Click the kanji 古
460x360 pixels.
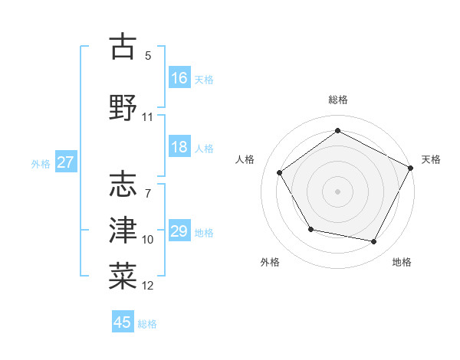pyautogui.click(x=123, y=47)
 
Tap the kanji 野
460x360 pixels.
pyautogui.click(x=123, y=106)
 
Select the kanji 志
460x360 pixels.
pyautogui.click(x=123, y=185)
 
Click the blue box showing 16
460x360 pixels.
pyautogui.click(x=179, y=78)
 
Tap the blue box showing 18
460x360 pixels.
pyautogui.click(x=179, y=148)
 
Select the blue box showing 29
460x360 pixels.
pyautogui.click(x=179, y=231)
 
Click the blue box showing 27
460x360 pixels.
pyautogui.click(x=65, y=162)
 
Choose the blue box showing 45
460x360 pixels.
pyautogui.click(x=123, y=322)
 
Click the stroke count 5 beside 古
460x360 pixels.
pyautogui.click(x=148, y=56)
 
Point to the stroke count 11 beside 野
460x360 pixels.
pyautogui.click(x=148, y=117)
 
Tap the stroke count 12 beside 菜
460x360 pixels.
pyautogui.click(x=148, y=286)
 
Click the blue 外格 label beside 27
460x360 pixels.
pyautogui.click(x=41, y=163)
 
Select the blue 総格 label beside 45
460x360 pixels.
pyautogui.click(x=147, y=323)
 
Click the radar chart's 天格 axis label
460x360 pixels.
pyautogui.click(x=431, y=159)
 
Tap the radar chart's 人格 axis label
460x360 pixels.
pyautogui.click(x=245, y=159)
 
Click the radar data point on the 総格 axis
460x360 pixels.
pyautogui.click(x=337, y=130)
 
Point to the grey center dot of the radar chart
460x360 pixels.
pyautogui.click(x=337, y=191)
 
